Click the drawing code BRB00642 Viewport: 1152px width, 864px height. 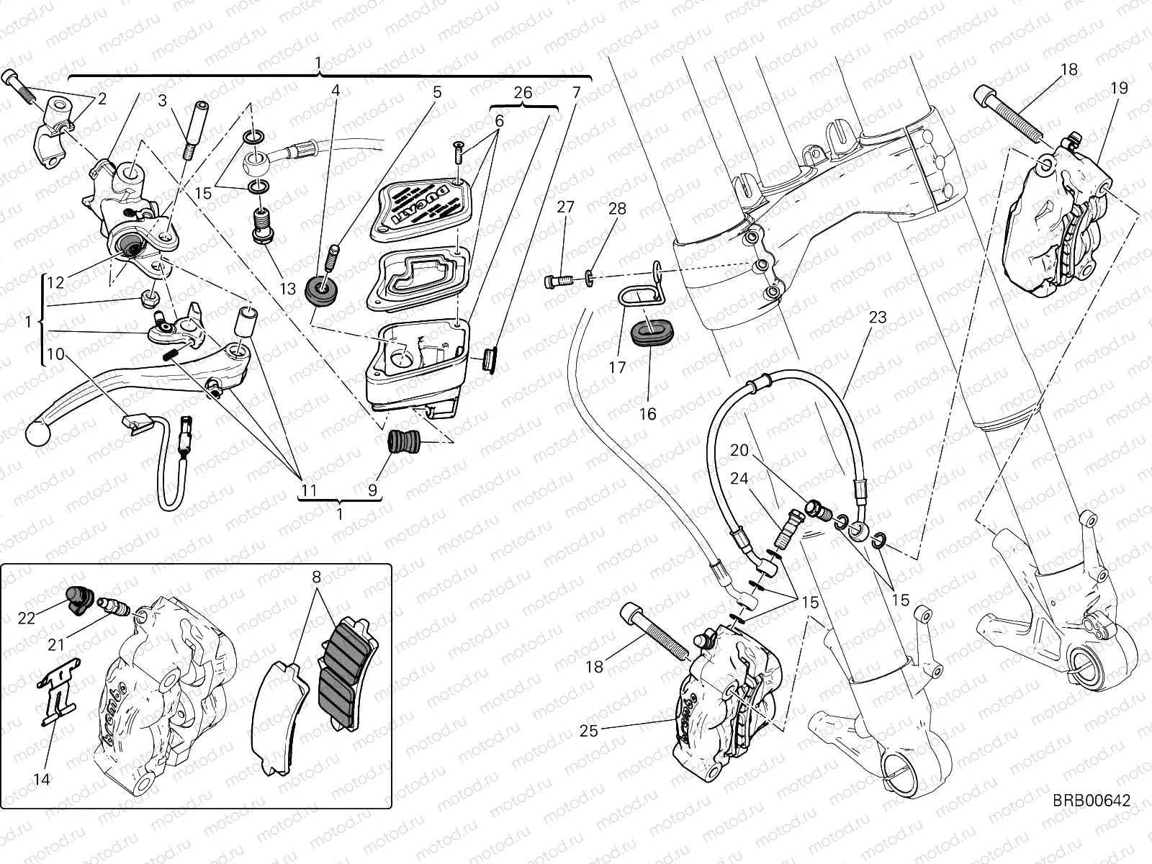click(1092, 801)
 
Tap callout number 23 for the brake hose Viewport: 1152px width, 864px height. click(877, 318)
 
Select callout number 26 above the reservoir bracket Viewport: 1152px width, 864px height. click(523, 93)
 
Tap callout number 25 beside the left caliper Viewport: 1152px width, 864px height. click(589, 732)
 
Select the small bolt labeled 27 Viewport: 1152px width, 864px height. click(558, 279)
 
